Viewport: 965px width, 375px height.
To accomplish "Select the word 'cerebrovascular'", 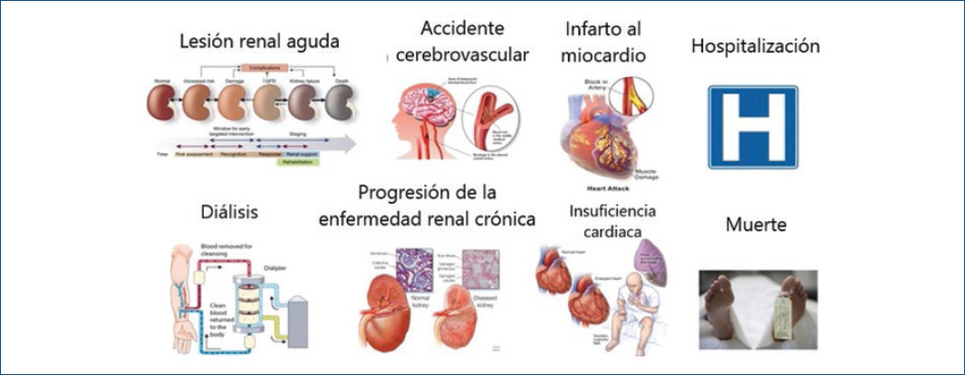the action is pyautogui.click(x=462, y=54).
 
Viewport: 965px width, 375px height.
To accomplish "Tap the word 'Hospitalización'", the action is pyautogui.click(x=756, y=45).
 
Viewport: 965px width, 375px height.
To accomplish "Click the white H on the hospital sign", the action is pyautogui.click(x=753, y=127).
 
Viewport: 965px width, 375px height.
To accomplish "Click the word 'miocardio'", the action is pyautogui.click(x=603, y=55).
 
